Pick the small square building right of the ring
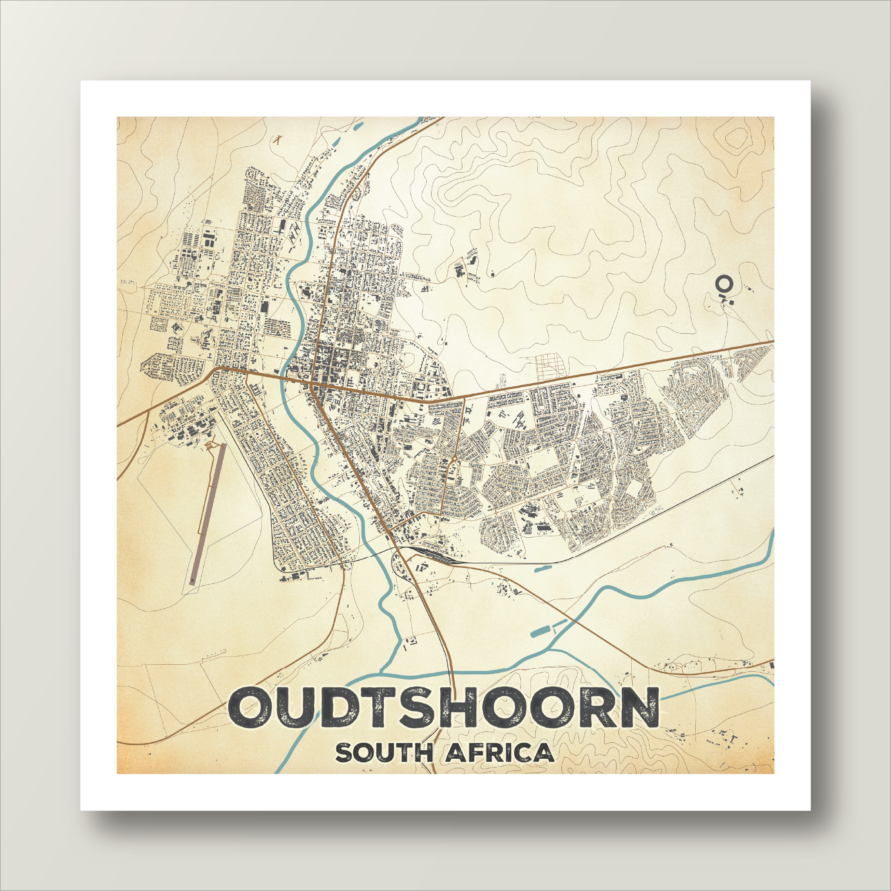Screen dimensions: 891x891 click(x=732, y=301)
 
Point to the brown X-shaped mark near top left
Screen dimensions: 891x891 click(x=277, y=139)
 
